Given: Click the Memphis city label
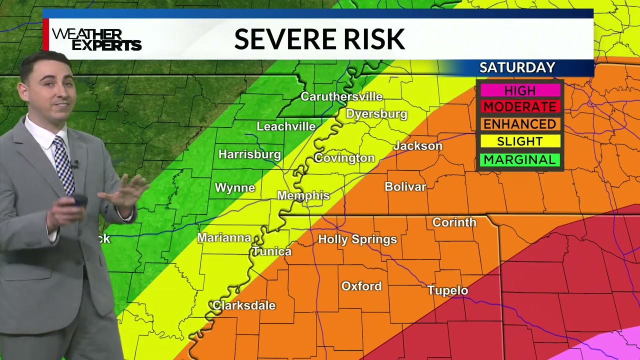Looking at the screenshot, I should tap(303, 195).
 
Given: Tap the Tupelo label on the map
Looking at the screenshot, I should tap(447, 290).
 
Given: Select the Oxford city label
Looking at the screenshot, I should tap(361, 286).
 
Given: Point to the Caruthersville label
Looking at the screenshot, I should tap(341, 96).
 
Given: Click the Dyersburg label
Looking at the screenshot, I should tap(376, 114).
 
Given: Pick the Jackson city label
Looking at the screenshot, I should tap(418, 146).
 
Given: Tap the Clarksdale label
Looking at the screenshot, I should tap(244, 305).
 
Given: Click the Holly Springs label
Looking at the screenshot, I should tap(357, 239).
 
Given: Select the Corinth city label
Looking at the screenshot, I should tap(454, 222).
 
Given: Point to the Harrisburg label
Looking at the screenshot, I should tap(249, 154).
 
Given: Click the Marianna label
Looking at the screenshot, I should tap(224, 237).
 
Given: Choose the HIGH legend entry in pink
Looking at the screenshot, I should tap(520, 90).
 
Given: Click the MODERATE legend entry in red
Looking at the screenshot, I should tap(520, 107).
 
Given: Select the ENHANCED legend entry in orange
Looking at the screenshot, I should tap(520, 124).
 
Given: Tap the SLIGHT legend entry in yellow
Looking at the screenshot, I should tap(520, 141).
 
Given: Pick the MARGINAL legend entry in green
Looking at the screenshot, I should tap(520, 159).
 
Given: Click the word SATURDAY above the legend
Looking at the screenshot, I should tap(517, 67).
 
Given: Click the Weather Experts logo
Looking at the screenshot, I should tap(97, 39).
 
